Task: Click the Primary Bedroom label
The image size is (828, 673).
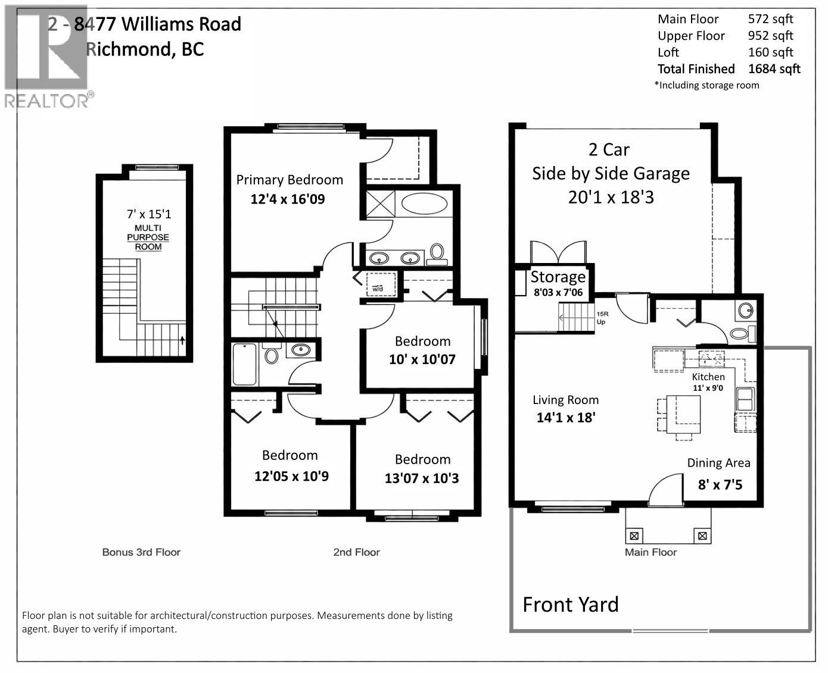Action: tap(290, 180)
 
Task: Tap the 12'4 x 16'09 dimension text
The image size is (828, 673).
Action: tap(288, 199)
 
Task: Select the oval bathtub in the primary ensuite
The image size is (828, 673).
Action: tap(424, 204)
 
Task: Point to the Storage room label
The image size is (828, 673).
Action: tap(558, 277)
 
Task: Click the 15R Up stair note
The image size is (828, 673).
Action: tap(602, 318)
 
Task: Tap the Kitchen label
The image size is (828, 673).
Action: tap(708, 377)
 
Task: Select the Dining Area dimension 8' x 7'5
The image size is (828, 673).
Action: tap(720, 484)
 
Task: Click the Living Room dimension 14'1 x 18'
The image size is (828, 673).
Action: tap(566, 417)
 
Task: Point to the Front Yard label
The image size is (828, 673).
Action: tap(571, 605)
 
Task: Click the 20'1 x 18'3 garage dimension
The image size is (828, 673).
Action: tap(611, 197)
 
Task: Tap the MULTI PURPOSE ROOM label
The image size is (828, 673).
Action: tap(148, 237)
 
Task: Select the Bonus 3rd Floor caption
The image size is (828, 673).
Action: tap(141, 552)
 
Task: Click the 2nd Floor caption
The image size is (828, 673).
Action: tap(356, 552)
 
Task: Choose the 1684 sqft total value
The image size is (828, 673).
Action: tap(774, 69)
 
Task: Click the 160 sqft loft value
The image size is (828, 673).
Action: tap(770, 52)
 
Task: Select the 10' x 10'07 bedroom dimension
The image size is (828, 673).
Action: tap(422, 359)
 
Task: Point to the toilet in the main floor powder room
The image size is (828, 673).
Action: tap(742, 333)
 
